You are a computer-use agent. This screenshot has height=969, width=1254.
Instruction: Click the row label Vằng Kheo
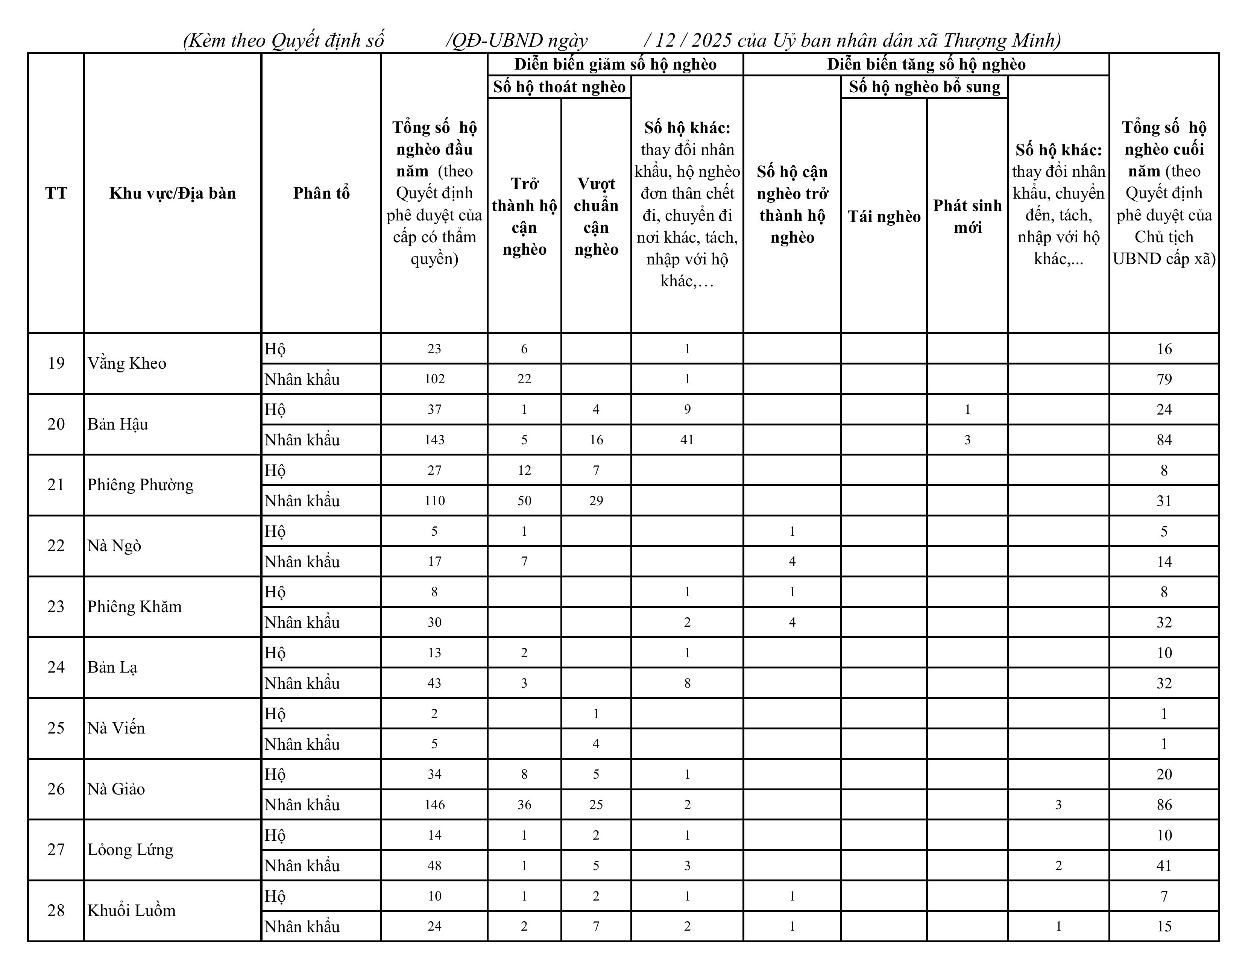[x=127, y=364]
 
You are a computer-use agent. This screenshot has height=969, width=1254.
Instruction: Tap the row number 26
[x=56, y=789]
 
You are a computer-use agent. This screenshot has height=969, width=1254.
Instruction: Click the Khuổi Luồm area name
[x=132, y=910]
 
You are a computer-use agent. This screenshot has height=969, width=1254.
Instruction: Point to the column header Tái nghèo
[x=884, y=217]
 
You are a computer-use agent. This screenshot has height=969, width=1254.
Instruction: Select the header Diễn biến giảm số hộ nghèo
[x=615, y=64]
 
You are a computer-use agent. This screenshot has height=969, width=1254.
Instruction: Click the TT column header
[x=56, y=193]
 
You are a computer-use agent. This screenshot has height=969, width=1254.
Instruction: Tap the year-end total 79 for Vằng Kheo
[x=1164, y=379]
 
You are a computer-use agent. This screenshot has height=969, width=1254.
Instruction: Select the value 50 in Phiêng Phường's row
[x=524, y=501]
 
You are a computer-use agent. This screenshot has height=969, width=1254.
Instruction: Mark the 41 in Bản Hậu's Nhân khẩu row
[x=687, y=440]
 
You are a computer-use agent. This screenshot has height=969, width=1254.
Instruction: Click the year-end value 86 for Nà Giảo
[x=1164, y=805]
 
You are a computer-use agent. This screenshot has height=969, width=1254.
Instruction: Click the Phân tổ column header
[x=321, y=193]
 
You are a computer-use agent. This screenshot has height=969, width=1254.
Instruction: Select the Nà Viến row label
[x=116, y=728]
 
